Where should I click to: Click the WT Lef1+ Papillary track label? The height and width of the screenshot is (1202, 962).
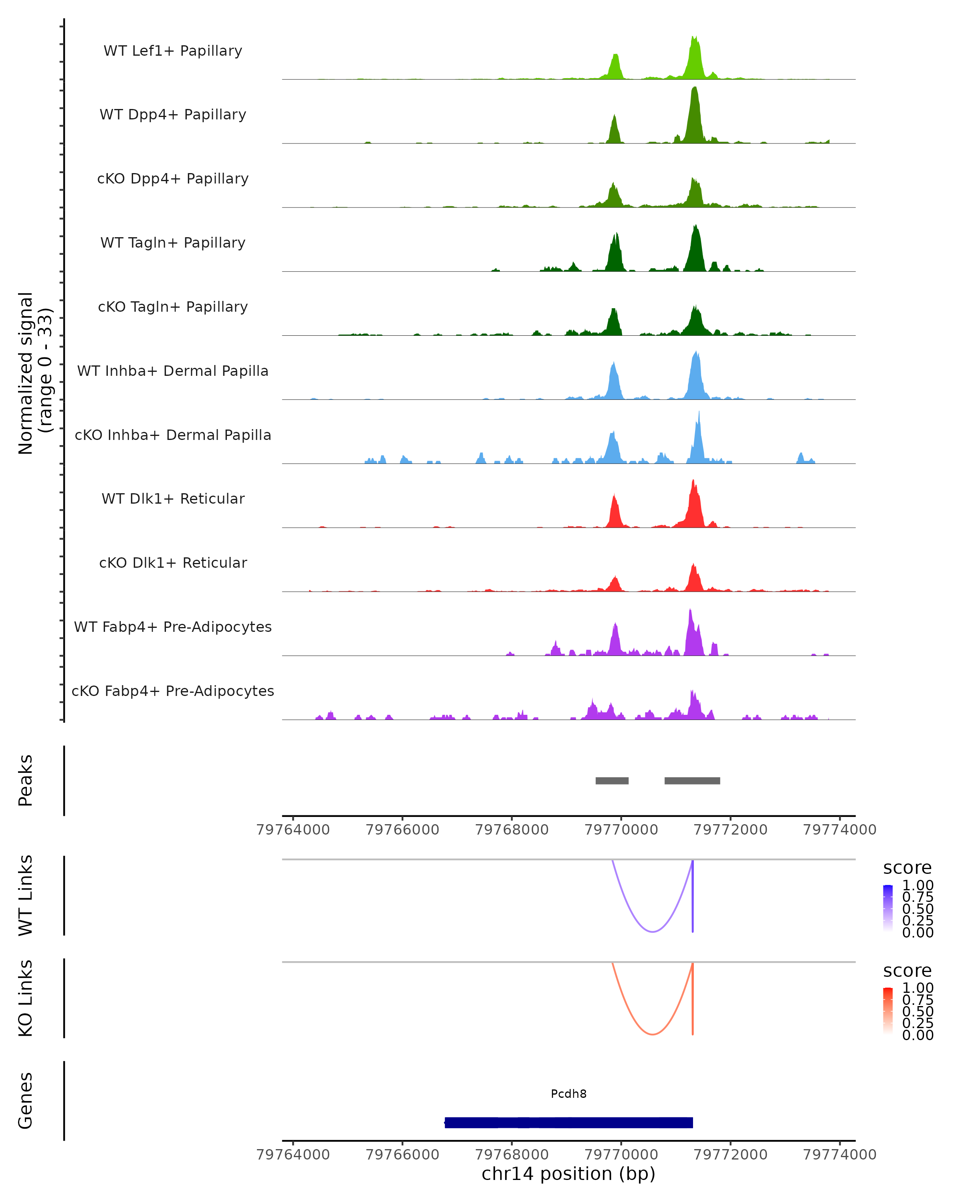tap(173, 51)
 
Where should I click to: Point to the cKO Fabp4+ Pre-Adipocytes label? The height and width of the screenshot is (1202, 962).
tap(173, 691)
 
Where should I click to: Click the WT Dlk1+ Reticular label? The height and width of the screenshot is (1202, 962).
tap(173, 498)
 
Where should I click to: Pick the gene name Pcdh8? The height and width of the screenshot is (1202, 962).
tap(568, 1093)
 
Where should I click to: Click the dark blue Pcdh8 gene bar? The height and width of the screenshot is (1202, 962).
tap(568, 1122)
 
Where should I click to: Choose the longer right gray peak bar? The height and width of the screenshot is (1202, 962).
tap(692, 780)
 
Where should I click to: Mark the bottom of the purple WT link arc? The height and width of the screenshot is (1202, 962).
tap(653, 932)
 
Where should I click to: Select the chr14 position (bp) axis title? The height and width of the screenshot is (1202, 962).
tap(568, 1174)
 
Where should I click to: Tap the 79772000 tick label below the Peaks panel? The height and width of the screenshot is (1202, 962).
tap(730, 830)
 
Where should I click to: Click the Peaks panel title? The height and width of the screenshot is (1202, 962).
tap(26, 780)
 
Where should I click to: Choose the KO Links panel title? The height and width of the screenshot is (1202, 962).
tap(26, 998)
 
